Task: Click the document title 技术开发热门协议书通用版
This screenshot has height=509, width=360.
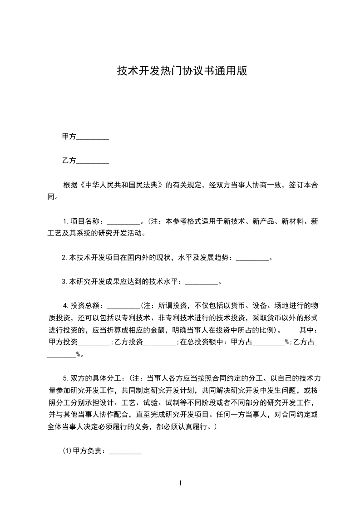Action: pyautogui.click(x=182, y=71)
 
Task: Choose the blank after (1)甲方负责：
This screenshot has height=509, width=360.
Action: pyautogui.click(x=125, y=452)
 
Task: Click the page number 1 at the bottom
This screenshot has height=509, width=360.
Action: pyautogui.click(x=180, y=483)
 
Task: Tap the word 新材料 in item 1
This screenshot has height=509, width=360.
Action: pyautogui.click(x=292, y=222)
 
